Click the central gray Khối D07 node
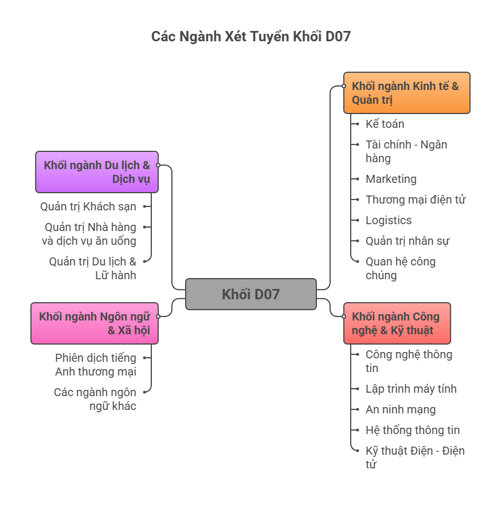[x=250, y=294]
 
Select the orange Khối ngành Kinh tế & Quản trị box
[x=407, y=93]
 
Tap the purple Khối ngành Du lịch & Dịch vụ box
[x=97, y=172]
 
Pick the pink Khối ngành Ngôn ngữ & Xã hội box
[x=95, y=323]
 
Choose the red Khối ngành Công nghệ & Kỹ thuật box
[x=397, y=323]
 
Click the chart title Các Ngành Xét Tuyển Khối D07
[x=251, y=37]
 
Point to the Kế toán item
[x=385, y=124]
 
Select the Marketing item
[x=391, y=179]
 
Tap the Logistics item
[x=389, y=220]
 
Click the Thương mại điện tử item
[x=415, y=200]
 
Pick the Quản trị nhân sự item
[x=407, y=241]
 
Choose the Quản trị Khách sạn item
[x=88, y=206]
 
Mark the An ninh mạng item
[x=401, y=409]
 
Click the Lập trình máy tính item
[x=411, y=389]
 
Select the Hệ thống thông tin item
[x=413, y=430]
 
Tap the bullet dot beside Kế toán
[x=358, y=124]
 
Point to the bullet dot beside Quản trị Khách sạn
[x=144, y=206]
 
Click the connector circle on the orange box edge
[x=344, y=86]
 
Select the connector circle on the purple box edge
[x=158, y=165]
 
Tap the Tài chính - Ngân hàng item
[x=407, y=151]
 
